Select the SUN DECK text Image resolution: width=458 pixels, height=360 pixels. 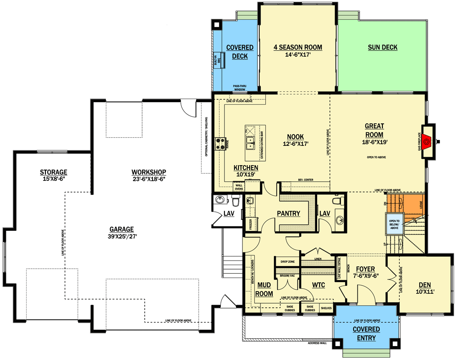pyautogui.click(x=382, y=47)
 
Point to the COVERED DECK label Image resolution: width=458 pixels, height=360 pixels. pyautogui.click(x=240, y=52)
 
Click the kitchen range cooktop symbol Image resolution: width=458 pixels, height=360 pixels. pyautogui.click(x=220, y=143)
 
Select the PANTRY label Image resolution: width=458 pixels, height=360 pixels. pyautogui.click(x=288, y=213)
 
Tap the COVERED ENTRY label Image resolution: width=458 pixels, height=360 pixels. pyautogui.click(x=366, y=334)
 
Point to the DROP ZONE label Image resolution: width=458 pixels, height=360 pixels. pyautogui.click(x=287, y=261)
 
